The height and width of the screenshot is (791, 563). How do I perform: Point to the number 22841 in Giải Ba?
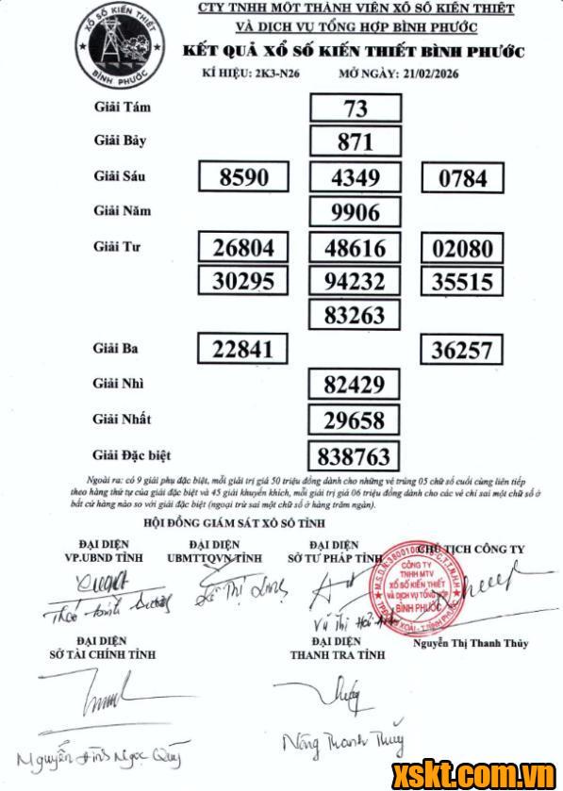(x=242, y=350)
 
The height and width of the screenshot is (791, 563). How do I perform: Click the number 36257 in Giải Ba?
(x=462, y=350)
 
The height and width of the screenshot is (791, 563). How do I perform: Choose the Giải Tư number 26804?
(x=243, y=248)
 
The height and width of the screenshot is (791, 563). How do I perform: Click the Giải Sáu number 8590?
(x=243, y=176)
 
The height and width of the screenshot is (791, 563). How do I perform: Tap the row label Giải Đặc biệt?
(x=133, y=455)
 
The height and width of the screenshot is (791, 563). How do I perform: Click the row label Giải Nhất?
(x=123, y=419)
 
